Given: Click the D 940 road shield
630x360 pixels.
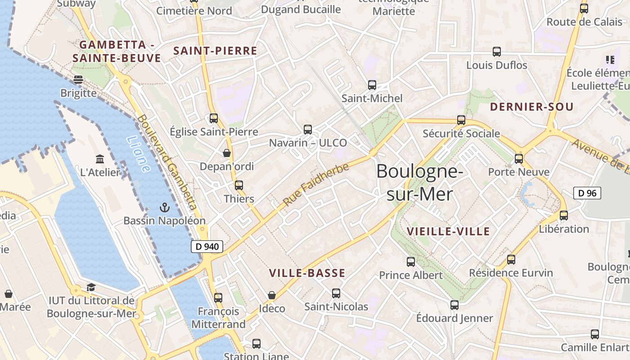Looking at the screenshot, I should pyautogui.click(x=207, y=246).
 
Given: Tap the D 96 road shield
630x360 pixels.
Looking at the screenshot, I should pyautogui.click(x=587, y=193).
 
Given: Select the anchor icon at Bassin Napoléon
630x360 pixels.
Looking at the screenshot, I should pyautogui.click(x=165, y=207).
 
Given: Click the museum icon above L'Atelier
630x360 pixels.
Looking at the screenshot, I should pyautogui.click(x=100, y=159).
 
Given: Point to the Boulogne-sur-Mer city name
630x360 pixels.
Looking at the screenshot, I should pyautogui.click(x=419, y=182).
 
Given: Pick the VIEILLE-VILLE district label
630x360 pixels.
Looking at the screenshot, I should pyautogui.click(x=448, y=231).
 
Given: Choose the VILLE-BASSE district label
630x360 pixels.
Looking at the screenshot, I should pyautogui.click(x=307, y=273).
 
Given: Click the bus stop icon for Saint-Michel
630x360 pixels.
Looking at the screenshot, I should pyautogui.click(x=372, y=85).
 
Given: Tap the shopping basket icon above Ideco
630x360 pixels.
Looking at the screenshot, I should pyautogui.click(x=272, y=295).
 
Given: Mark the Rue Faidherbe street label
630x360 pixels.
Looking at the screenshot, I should pyautogui.click(x=316, y=185).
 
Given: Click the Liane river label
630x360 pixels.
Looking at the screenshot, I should pyautogui.click(x=139, y=154).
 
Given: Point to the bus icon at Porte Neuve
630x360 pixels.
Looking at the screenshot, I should pyautogui.click(x=519, y=158).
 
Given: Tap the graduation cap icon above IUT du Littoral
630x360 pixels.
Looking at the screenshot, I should pyautogui.click(x=91, y=287).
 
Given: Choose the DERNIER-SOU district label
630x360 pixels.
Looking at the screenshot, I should pyautogui.click(x=531, y=107).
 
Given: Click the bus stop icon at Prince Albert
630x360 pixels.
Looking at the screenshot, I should pyautogui.click(x=411, y=261).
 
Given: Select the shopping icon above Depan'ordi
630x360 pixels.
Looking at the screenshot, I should pyautogui.click(x=227, y=153).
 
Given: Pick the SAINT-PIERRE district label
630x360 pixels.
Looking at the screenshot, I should pyautogui.click(x=215, y=51).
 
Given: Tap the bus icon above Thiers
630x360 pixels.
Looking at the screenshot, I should pyautogui.click(x=239, y=185).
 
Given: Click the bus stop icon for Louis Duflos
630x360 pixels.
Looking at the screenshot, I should pyautogui.click(x=497, y=51).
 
